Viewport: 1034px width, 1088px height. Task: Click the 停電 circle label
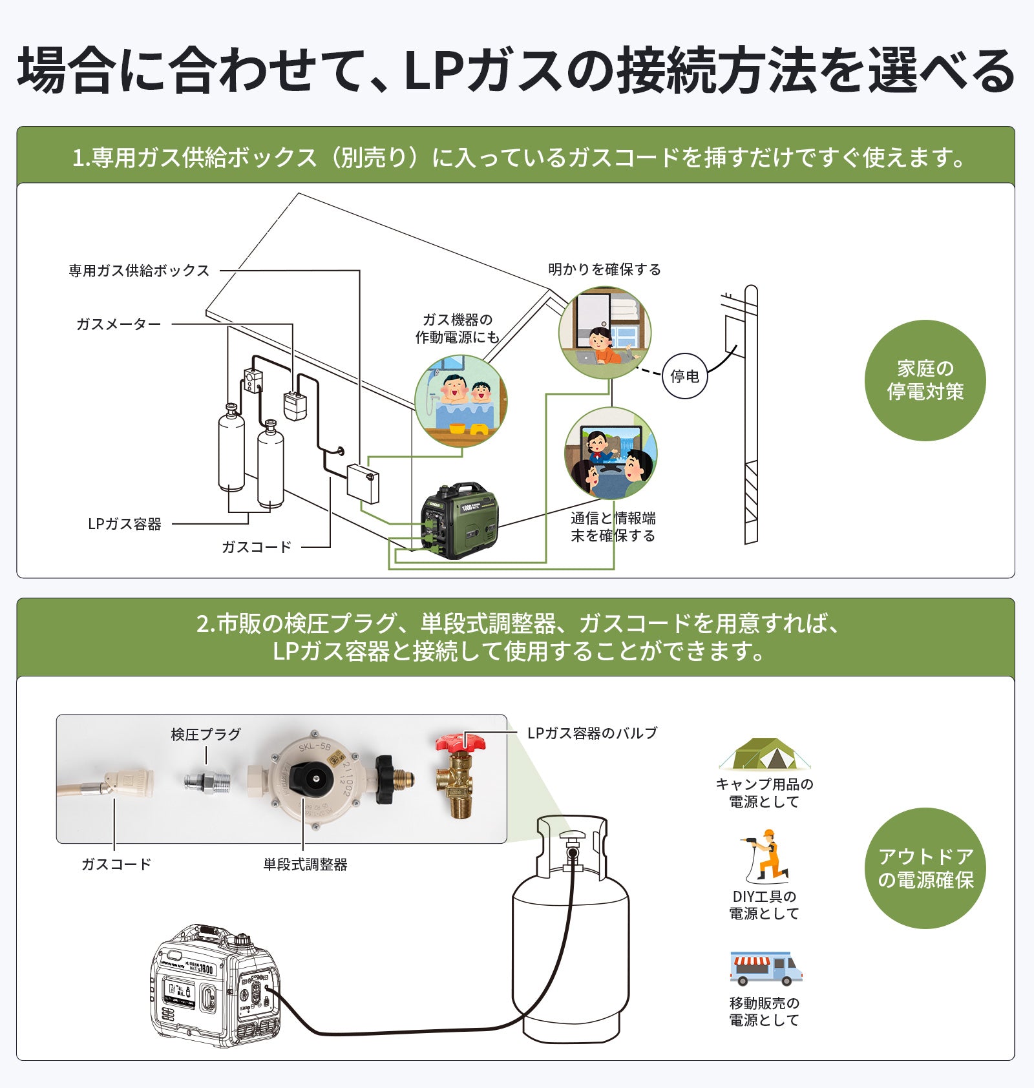[x=684, y=376]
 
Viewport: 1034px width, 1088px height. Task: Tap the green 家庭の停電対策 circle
[x=925, y=381]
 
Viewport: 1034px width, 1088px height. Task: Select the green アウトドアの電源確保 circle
[x=925, y=868]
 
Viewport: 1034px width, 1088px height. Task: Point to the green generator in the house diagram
[x=459, y=520]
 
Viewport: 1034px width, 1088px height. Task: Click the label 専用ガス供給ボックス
[x=140, y=271]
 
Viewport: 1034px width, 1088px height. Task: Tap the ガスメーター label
[x=119, y=324]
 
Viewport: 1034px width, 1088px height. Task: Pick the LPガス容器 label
[x=125, y=524]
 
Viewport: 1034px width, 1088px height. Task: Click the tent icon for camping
[x=765, y=753]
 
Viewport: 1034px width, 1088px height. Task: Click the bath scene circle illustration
[x=461, y=401]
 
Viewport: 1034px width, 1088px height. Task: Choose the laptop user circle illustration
[x=605, y=333]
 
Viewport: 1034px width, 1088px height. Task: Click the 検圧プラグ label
[x=206, y=735]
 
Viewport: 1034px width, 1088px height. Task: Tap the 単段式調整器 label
[x=305, y=864]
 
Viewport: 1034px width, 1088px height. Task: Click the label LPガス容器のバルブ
[x=592, y=733]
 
